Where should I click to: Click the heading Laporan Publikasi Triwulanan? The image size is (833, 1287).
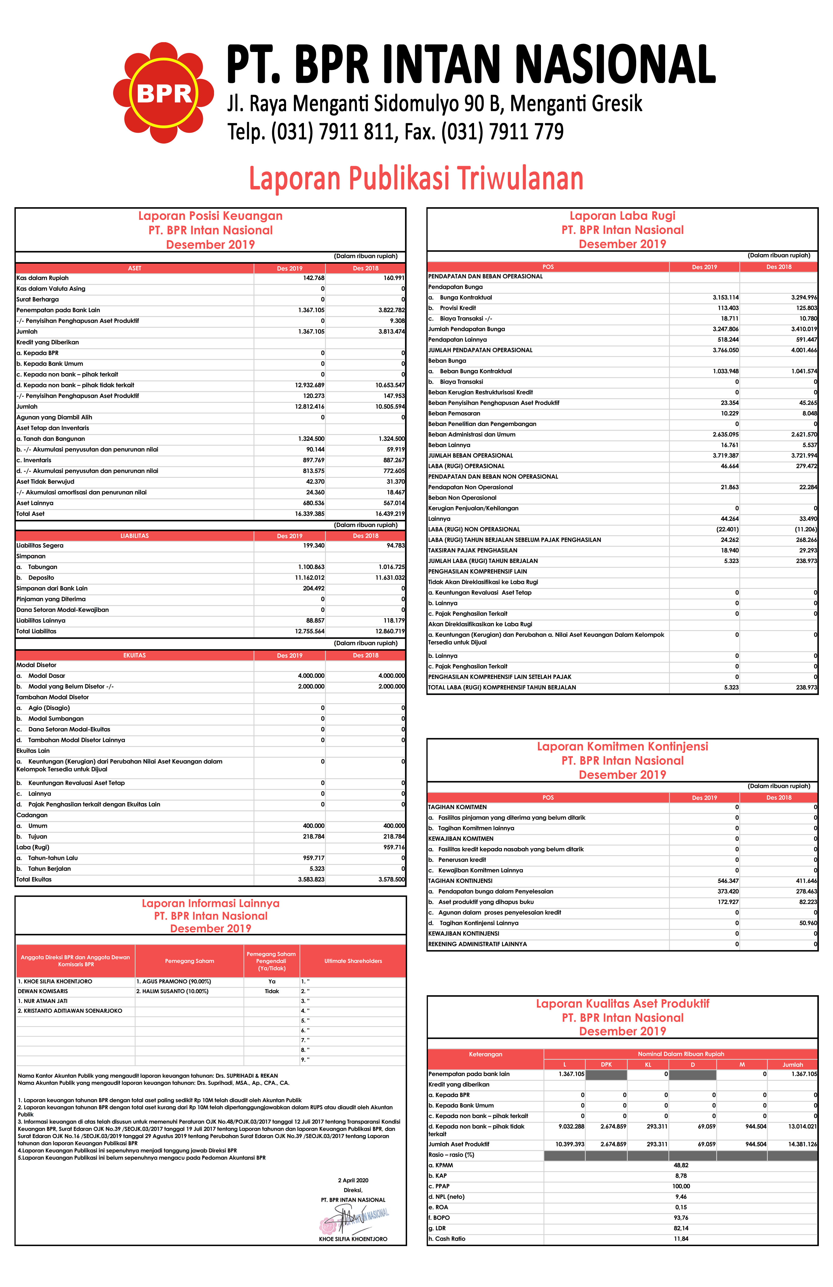(x=416, y=178)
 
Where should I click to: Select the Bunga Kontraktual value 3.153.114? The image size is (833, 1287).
(x=725, y=298)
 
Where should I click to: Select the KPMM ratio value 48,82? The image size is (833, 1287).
(x=681, y=1165)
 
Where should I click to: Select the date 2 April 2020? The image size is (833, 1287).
(x=353, y=1181)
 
